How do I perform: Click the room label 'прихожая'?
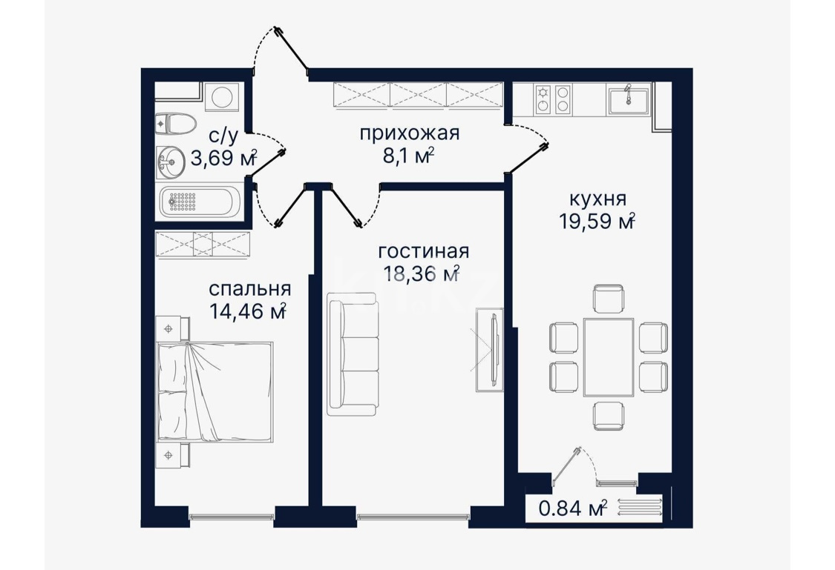tap(409, 133)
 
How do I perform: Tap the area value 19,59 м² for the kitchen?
tap(597, 221)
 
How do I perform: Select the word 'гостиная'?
tap(423, 252)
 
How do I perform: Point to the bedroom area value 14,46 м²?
tap(247, 311)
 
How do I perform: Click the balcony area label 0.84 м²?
tap(572, 508)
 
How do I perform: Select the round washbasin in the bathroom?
tap(173, 161)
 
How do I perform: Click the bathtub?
tap(199, 201)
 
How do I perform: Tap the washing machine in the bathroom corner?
tap(220, 98)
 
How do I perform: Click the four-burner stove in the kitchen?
tap(553, 100)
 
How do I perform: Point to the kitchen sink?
tap(628, 100)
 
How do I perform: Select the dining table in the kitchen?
tap(609, 357)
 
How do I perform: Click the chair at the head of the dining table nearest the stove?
tap(609, 299)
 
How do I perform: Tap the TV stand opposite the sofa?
tap(488, 348)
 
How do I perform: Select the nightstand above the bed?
tap(172, 328)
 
